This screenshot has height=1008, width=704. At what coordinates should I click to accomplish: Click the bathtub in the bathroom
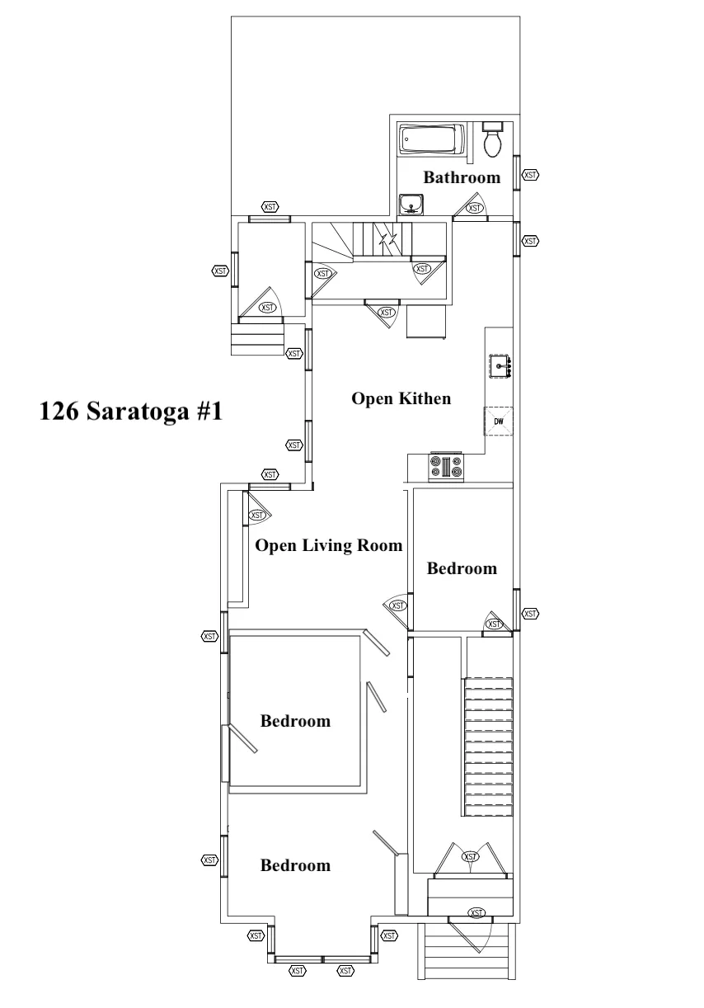(x=431, y=139)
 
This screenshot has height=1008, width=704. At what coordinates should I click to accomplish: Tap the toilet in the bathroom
(x=493, y=139)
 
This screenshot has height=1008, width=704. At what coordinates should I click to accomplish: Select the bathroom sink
(x=411, y=205)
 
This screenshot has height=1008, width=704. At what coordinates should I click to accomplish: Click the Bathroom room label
(x=462, y=177)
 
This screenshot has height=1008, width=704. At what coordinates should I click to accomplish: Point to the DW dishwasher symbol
(x=499, y=422)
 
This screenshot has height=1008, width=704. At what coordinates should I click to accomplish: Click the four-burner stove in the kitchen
(x=446, y=466)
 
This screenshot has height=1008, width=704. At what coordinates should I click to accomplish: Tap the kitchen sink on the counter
(x=500, y=366)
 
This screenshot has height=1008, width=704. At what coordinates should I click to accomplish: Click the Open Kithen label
(x=401, y=398)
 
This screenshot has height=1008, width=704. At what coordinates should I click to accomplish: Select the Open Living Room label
(x=328, y=545)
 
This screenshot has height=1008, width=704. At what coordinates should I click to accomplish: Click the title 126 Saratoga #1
(x=131, y=411)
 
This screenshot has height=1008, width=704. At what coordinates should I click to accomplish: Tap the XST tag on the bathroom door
(x=474, y=208)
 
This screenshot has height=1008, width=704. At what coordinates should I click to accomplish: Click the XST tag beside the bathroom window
(x=530, y=175)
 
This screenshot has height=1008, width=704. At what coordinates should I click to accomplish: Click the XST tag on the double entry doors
(x=470, y=856)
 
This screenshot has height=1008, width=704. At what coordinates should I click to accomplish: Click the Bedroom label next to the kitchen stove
(x=462, y=568)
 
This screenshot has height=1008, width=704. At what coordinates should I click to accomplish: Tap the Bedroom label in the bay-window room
(x=295, y=865)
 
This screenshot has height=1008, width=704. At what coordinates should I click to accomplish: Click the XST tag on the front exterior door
(x=476, y=913)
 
